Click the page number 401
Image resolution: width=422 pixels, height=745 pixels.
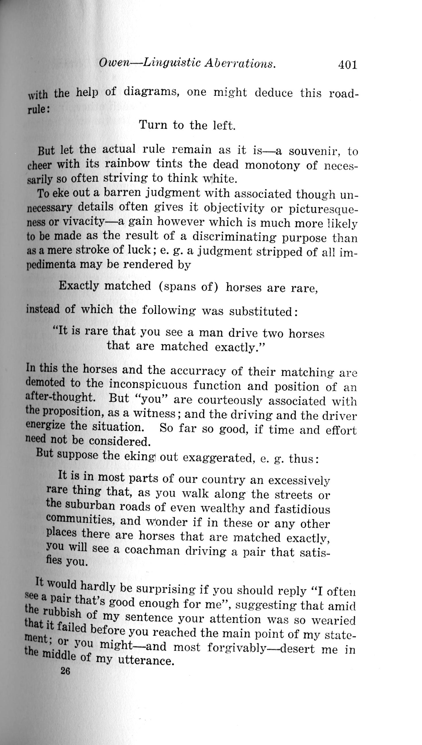coord(347,65)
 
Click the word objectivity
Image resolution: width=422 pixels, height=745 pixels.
coord(234,208)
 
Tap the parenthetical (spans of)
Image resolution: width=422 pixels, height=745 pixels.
coord(188,286)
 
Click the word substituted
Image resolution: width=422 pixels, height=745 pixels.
coord(263,312)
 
